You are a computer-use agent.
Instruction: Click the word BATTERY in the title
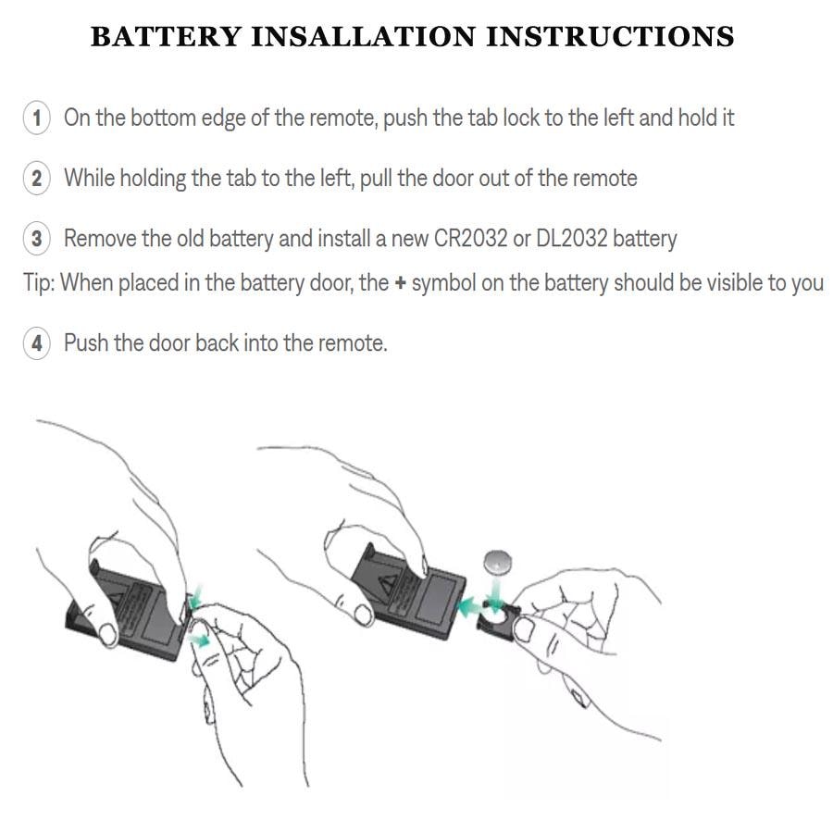point(167,37)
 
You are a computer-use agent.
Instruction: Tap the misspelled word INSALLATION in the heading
point(364,37)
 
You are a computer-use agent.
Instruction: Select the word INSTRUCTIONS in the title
point(610,37)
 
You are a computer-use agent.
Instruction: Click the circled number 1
point(37,118)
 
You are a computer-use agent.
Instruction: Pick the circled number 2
point(37,178)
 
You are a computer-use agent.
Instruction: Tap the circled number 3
point(37,238)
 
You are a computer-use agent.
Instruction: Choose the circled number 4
point(37,342)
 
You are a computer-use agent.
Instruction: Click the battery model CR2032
point(471,238)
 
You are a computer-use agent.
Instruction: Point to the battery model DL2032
point(572,238)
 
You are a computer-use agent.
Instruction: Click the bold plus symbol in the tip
point(400,283)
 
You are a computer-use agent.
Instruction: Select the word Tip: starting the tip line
point(39,282)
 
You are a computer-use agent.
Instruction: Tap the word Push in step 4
point(86,342)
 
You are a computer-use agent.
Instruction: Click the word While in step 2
point(89,178)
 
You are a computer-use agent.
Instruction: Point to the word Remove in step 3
point(100,238)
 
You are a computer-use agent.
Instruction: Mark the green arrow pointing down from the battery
point(495,594)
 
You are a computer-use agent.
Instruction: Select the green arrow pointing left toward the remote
point(470,606)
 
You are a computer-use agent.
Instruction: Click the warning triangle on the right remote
point(389,584)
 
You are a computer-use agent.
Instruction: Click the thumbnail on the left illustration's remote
point(108,634)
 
